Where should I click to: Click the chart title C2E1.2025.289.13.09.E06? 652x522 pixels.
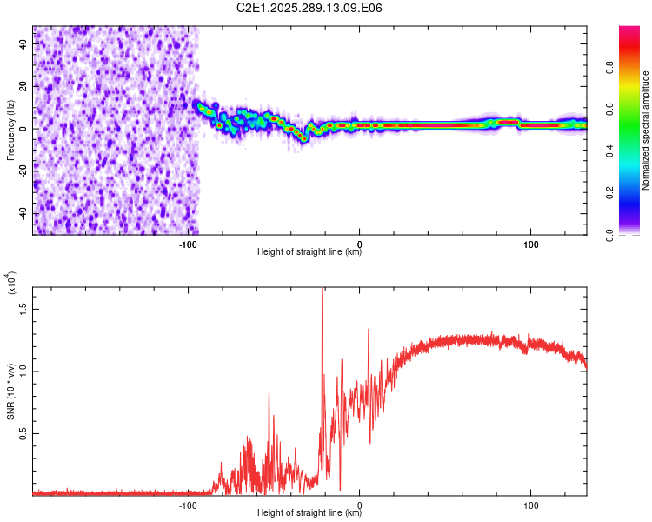[x=309, y=8]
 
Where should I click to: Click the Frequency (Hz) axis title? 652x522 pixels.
[x=10, y=130]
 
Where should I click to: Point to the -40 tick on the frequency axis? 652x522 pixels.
[x=22, y=214]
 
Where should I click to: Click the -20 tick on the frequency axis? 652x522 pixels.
[x=22, y=171]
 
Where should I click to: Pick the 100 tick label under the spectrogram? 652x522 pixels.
[x=530, y=244]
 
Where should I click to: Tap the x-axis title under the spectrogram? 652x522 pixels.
[x=309, y=253]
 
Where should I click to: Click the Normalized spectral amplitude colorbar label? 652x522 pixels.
[x=646, y=130]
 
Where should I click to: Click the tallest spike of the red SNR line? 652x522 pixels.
[x=323, y=291]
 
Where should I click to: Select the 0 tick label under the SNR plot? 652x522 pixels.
[x=360, y=505]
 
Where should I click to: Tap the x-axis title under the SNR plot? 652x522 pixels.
[x=309, y=514]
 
